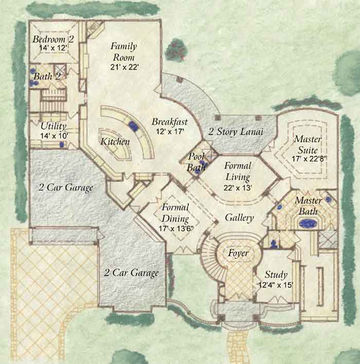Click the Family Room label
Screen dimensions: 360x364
click(124, 51)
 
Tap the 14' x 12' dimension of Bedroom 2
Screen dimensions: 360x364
click(53, 48)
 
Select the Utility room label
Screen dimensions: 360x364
click(53, 126)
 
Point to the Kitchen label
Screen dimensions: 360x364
click(115, 142)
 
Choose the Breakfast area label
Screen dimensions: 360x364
click(170, 122)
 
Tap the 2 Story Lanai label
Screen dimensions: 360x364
click(236, 132)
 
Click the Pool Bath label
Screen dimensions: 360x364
click(196, 161)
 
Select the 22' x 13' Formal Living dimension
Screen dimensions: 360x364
click(238, 187)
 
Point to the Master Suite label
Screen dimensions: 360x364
click(308, 145)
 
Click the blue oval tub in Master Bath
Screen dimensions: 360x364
click(308, 223)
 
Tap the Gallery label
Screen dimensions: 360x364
click(239, 218)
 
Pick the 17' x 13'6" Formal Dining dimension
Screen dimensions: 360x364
click(176, 229)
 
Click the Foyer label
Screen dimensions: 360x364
click(238, 253)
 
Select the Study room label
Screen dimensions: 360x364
click(276, 275)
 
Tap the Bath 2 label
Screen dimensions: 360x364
click(47, 76)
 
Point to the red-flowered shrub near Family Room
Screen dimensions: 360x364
click(176, 49)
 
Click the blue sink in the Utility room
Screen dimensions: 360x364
click(62, 145)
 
